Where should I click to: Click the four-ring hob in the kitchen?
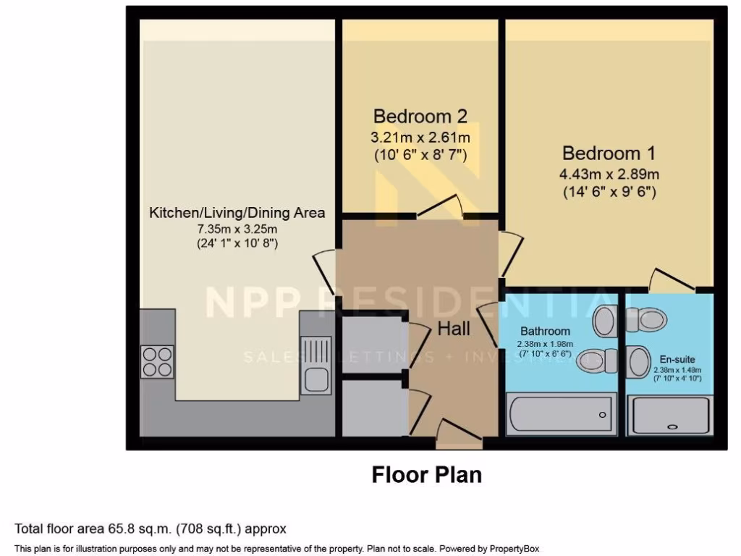click(x=157, y=362)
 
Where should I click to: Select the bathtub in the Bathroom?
click(x=561, y=414)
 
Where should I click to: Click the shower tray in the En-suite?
click(x=670, y=416)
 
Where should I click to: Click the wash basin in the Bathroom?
click(x=604, y=321)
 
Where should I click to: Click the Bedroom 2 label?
click(x=420, y=116)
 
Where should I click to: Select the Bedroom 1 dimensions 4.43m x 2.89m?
click(x=609, y=174)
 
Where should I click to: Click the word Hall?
click(x=454, y=329)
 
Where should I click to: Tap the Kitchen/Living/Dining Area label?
click(x=237, y=213)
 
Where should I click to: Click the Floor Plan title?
click(x=426, y=474)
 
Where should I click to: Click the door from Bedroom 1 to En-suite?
click(x=673, y=282)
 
